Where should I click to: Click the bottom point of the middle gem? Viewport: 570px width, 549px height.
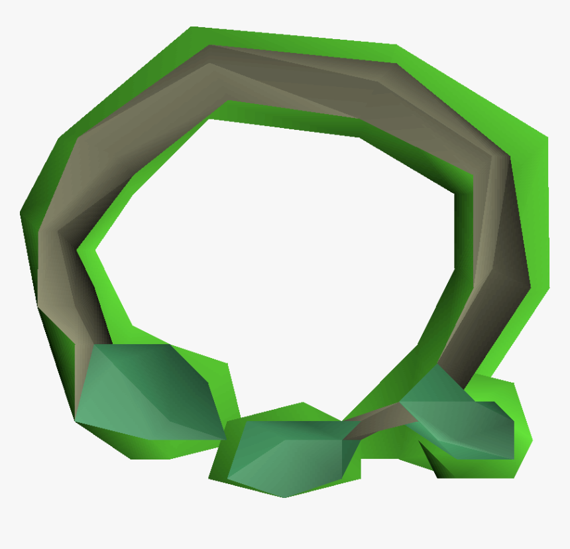pos(285,497)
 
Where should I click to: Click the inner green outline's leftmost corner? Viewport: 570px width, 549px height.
pos(79,251)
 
